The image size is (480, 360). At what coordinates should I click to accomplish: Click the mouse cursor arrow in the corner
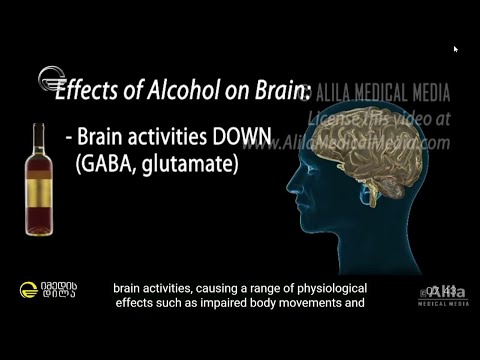point(456,48)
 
